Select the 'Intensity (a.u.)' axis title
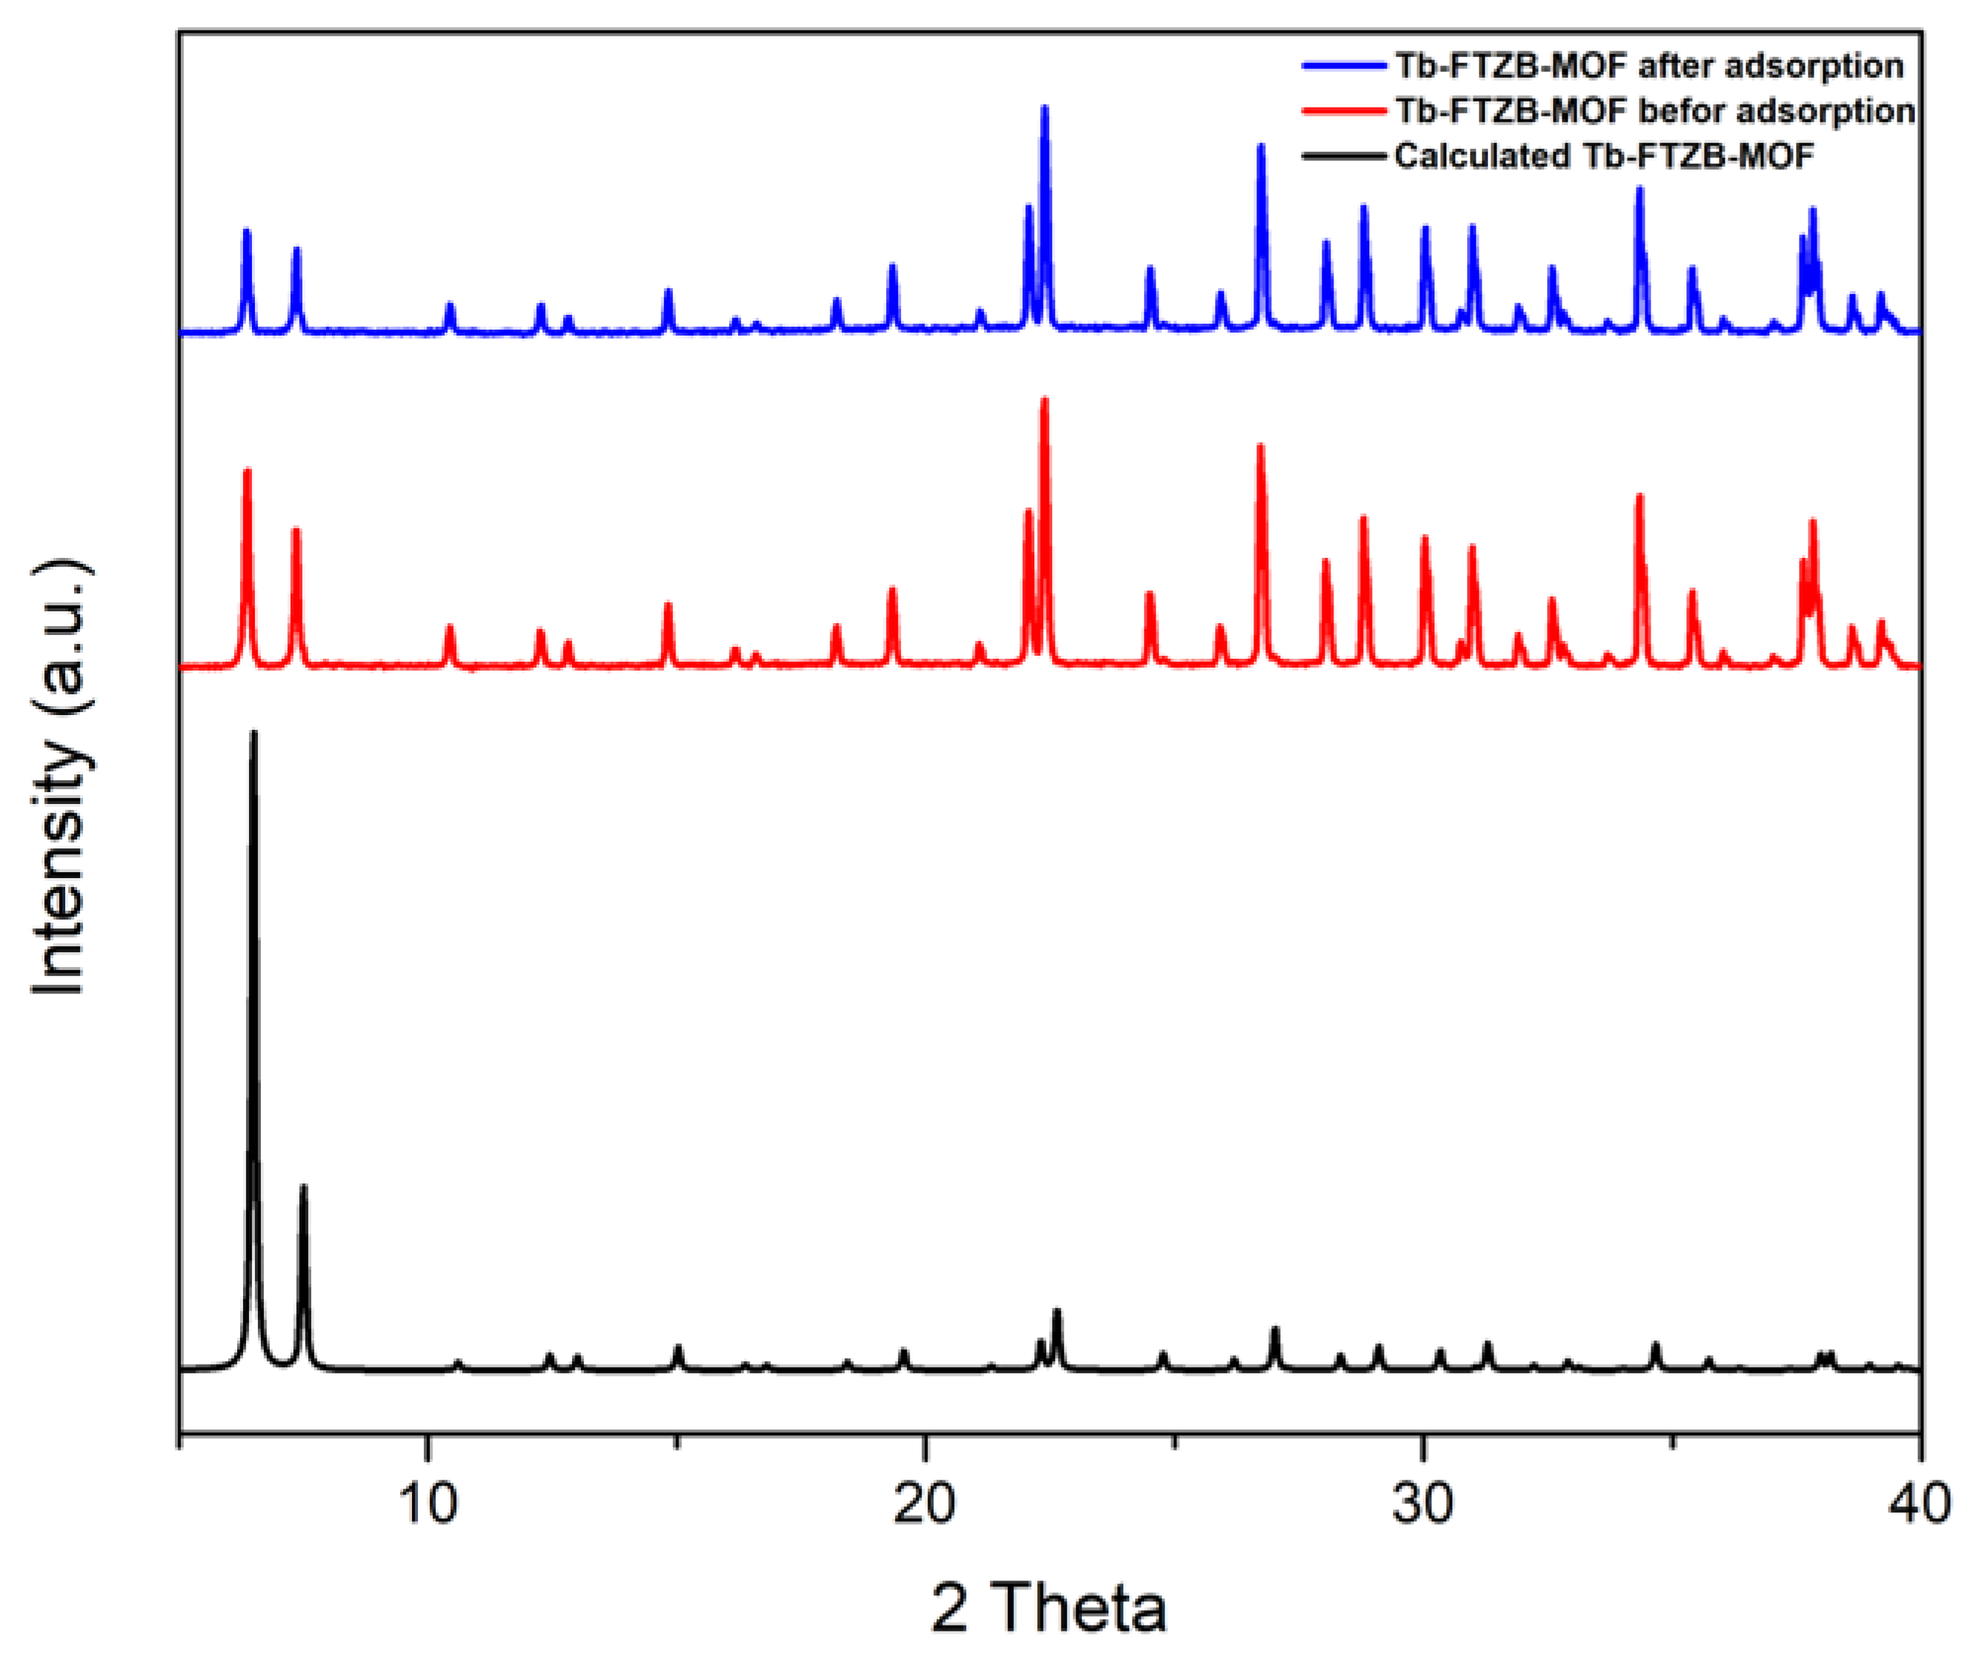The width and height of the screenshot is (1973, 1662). [x=61, y=777]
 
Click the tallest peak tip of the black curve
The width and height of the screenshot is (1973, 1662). [x=253, y=733]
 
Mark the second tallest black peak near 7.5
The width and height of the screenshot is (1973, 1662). [x=303, y=1187]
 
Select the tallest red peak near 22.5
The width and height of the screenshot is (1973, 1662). [x=1044, y=400]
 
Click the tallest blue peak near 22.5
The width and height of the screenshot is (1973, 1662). [x=1044, y=107]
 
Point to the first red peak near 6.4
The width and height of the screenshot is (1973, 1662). [x=247, y=470]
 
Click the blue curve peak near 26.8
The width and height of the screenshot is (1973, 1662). [x=1261, y=146]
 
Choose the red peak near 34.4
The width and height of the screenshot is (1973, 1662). [x=1640, y=496]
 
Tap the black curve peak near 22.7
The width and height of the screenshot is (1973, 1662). [x=1057, y=1312]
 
